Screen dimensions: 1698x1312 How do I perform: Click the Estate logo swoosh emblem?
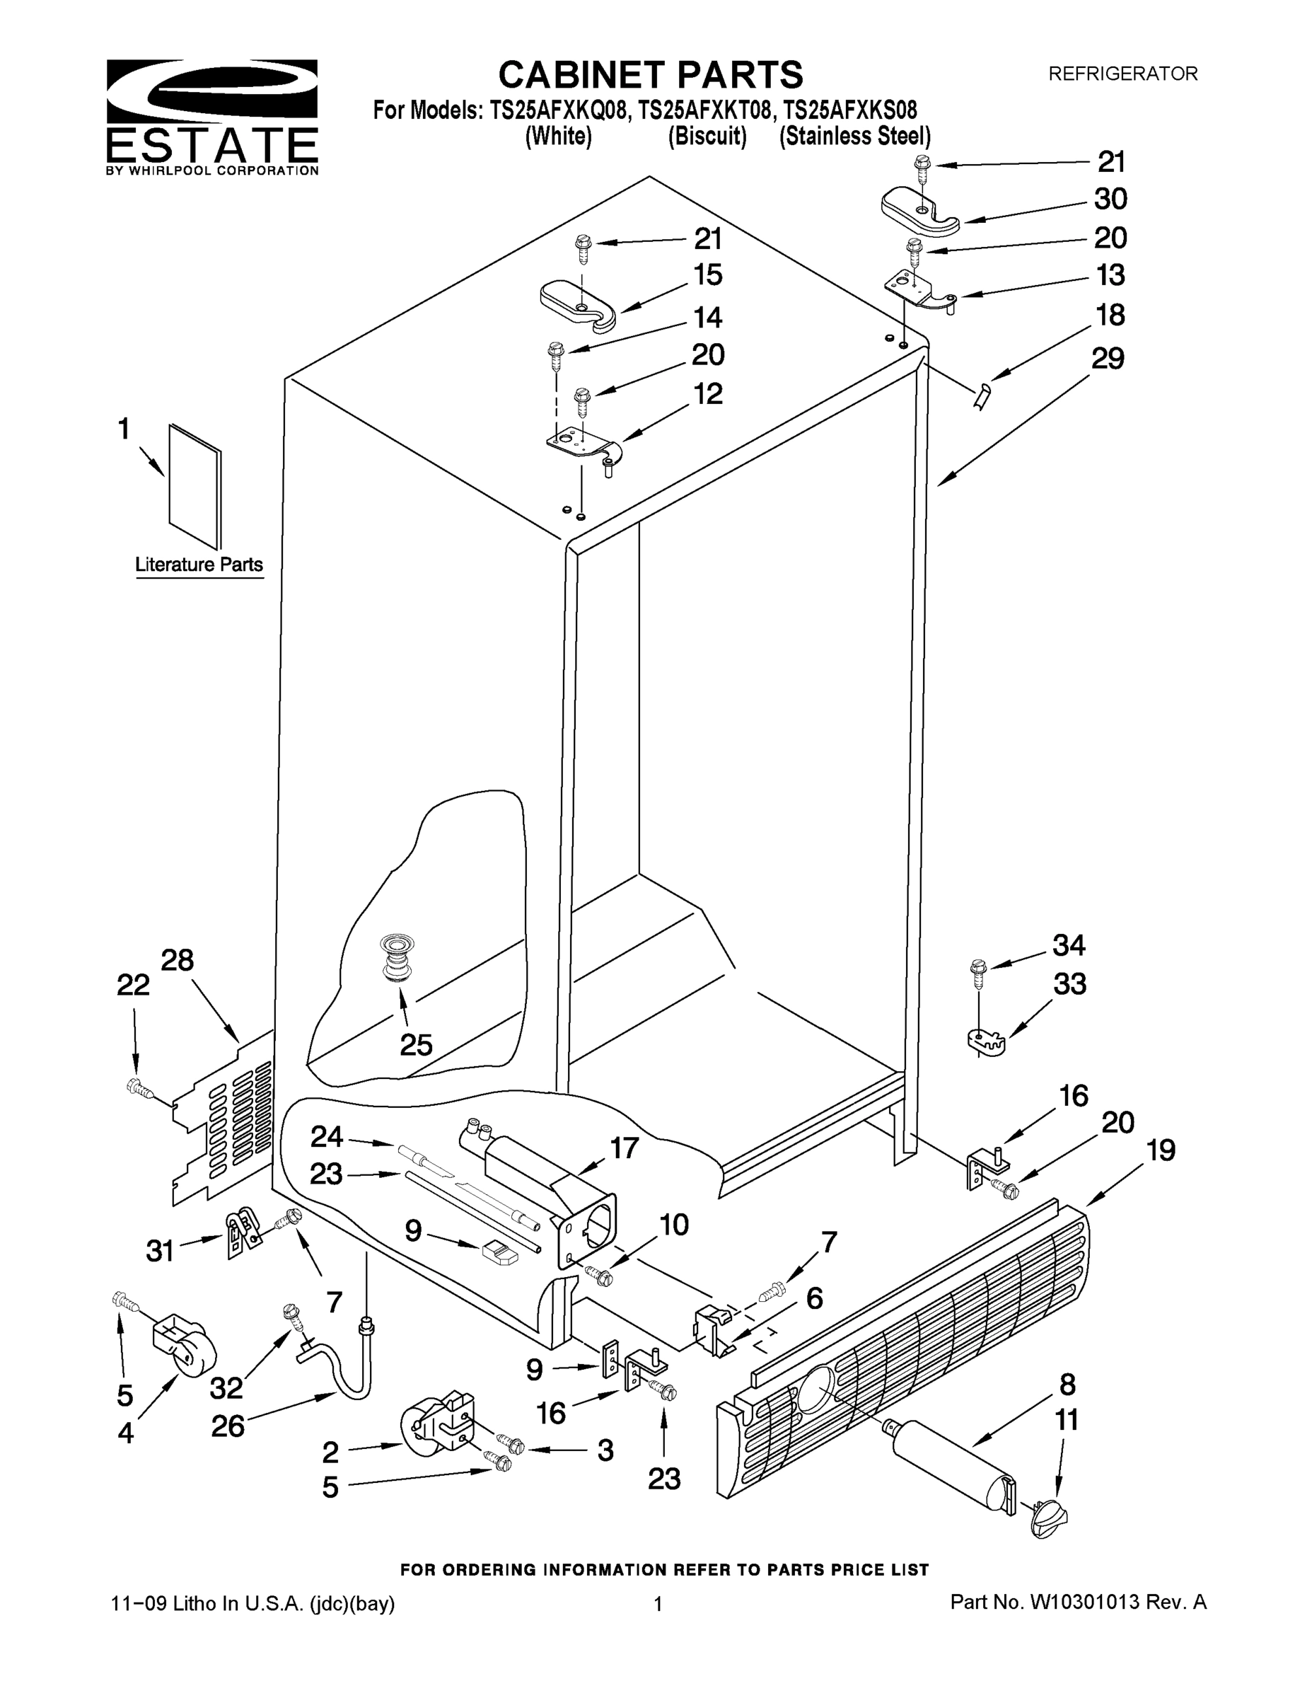211,91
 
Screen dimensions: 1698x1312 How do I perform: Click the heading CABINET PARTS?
650,76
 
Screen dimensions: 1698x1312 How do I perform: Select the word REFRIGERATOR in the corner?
1122,74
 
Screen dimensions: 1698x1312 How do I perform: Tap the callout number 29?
1108,359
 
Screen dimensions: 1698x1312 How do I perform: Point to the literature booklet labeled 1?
195,486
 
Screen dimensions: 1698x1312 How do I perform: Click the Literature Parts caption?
199,565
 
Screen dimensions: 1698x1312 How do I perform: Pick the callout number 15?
707,275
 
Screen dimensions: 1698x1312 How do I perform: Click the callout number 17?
624,1148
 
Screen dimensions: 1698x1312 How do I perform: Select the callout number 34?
1069,945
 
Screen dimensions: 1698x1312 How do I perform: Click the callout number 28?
178,961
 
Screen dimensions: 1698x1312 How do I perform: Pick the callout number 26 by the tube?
228,1425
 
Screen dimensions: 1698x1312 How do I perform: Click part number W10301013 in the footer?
1084,1602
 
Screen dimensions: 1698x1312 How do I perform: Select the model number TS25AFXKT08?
705,110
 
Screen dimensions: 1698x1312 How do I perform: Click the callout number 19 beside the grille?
1161,1150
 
